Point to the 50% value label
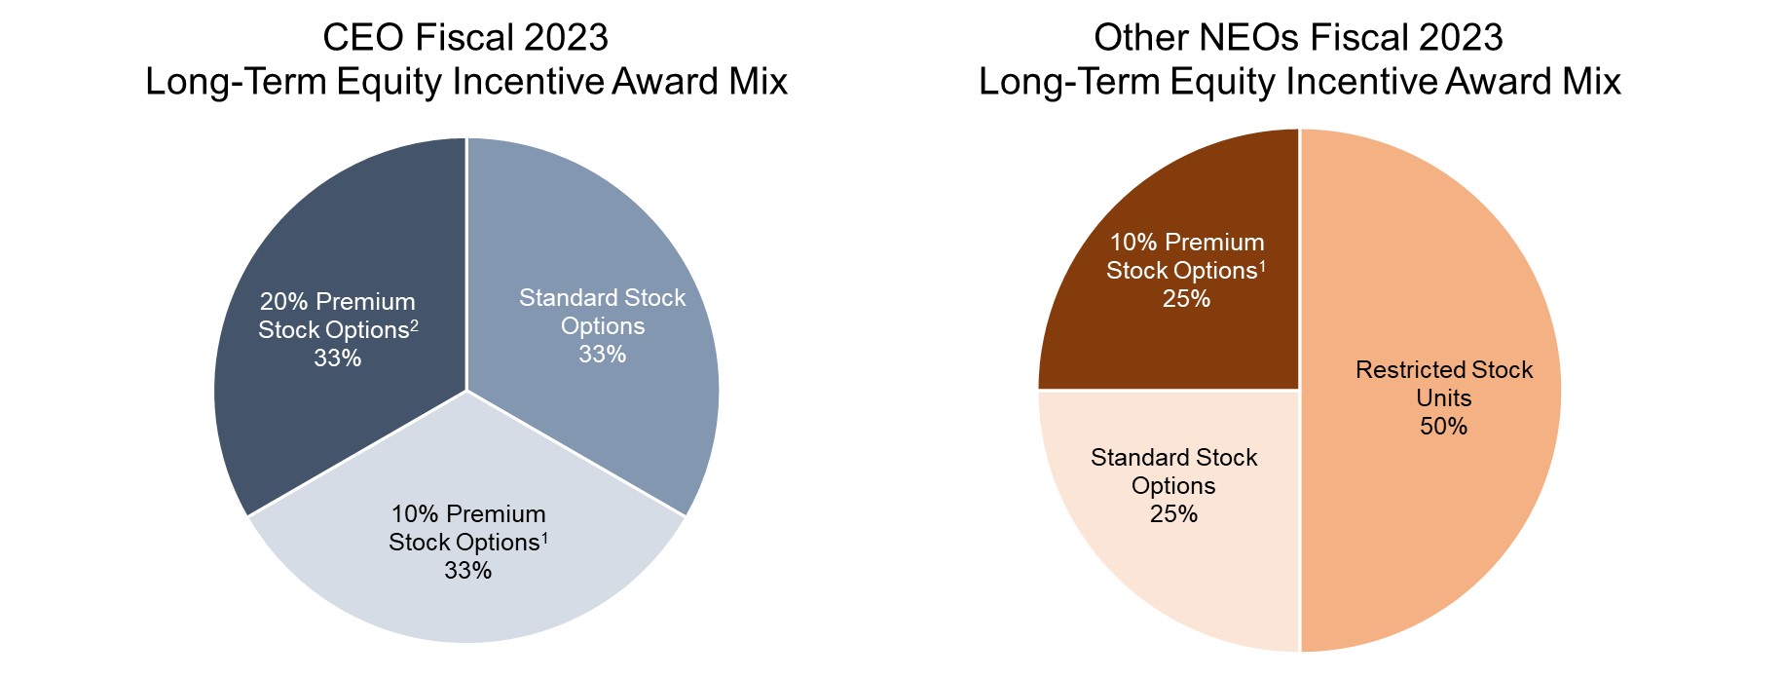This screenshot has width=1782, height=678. click(x=1443, y=427)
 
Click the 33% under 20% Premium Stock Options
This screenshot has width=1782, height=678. click(x=337, y=358)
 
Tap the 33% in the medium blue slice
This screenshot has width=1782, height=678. click(x=602, y=355)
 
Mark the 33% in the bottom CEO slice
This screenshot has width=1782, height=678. click(x=467, y=571)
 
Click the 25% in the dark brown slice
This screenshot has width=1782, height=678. click(x=1186, y=299)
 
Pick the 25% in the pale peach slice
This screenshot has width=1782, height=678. click(x=1173, y=514)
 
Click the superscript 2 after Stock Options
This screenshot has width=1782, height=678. click(x=414, y=324)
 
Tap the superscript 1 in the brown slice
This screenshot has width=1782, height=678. click(x=1262, y=265)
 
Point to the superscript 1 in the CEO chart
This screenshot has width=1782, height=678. click(x=544, y=537)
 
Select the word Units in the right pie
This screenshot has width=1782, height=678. click(x=1443, y=398)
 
